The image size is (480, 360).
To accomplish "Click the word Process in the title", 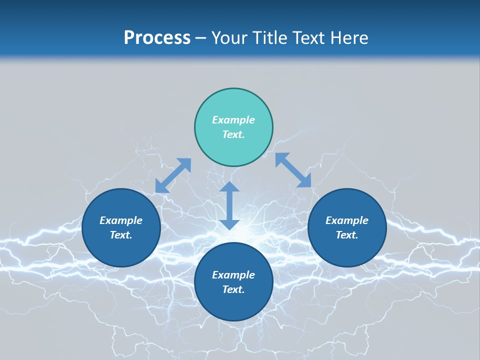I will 157,38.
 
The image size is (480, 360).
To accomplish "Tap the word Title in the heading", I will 269,38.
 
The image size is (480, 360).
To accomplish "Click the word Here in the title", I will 350,38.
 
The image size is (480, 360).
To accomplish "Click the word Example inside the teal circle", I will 233,120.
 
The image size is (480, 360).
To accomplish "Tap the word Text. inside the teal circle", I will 233,134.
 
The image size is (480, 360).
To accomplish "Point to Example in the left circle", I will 121,220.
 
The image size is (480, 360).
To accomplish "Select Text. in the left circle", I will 121,235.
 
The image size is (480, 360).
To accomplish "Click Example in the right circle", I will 347,220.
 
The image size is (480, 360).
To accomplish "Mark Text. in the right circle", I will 347,235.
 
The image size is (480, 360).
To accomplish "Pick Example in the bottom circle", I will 233,275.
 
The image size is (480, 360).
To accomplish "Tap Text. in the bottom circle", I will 233,289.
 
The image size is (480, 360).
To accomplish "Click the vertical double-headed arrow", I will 229,205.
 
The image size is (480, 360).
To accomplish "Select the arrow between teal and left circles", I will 173,175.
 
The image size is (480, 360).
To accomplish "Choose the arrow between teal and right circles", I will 293,170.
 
